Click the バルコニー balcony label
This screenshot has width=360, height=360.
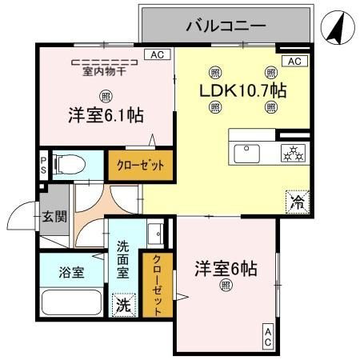226,26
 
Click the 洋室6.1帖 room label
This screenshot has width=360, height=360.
105,115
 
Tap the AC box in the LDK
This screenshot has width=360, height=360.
293,62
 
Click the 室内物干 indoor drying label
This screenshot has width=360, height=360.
103,70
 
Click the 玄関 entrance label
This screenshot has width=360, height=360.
55,215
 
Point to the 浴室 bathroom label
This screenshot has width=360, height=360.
70,272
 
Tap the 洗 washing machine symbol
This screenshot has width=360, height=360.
123,304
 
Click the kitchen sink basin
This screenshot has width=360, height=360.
245,151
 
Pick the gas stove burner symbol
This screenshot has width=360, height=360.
291,152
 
